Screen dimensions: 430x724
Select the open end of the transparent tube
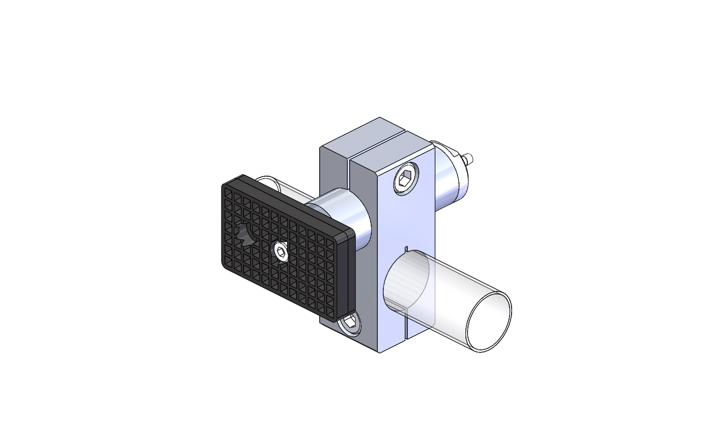coord(489,322)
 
